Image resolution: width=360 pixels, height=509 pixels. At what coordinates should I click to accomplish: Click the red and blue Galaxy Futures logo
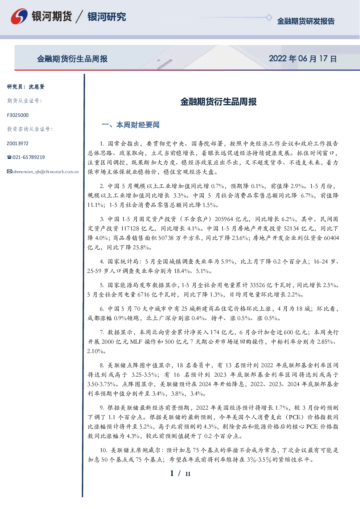tap(19, 16)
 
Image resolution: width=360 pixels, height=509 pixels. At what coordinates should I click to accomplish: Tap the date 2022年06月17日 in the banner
tap(303, 59)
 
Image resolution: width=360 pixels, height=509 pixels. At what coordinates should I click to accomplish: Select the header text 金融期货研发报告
tap(306, 21)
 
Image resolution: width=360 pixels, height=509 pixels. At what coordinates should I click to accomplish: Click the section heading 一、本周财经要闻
tap(130, 125)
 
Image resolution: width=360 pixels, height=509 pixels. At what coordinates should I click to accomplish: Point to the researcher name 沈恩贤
tap(37, 87)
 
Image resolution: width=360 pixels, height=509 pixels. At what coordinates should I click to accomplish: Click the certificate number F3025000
tap(18, 115)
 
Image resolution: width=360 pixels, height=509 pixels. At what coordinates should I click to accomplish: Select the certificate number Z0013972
tap(17, 143)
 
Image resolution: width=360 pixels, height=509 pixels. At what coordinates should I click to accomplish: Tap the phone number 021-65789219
tap(28, 157)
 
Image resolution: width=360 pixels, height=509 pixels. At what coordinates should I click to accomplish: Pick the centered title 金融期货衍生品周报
tap(218, 102)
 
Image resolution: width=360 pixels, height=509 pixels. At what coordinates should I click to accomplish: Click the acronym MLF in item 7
tap(136, 342)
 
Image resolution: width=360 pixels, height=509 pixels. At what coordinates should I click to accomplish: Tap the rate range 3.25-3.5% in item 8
tap(144, 375)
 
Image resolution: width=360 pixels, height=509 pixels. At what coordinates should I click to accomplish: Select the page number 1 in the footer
tap(172, 473)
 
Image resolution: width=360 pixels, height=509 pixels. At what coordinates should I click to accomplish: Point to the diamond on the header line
tap(269, 17)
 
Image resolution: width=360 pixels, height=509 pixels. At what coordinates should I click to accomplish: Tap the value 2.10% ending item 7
tap(95, 351)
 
